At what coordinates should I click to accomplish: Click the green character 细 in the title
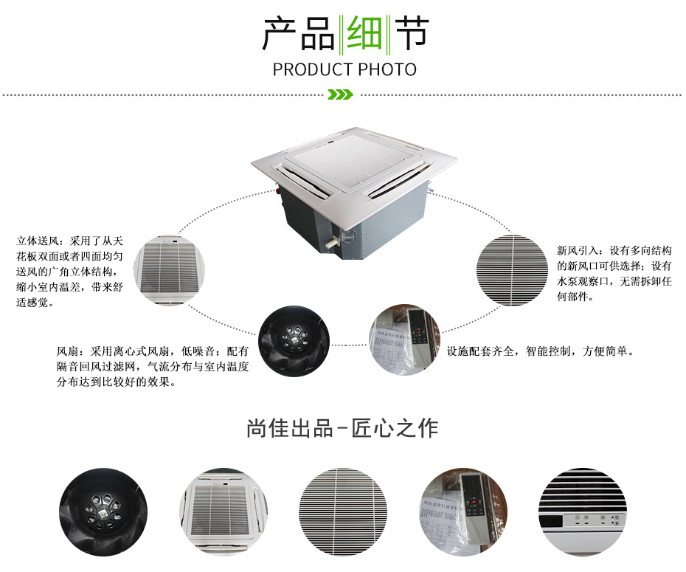tap(363, 32)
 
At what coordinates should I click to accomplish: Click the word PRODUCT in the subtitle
tap(312, 69)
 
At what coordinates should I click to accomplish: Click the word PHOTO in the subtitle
tap(387, 69)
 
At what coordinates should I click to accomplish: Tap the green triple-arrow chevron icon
tap(340, 94)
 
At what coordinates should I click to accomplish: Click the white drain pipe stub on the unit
tap(332, 241)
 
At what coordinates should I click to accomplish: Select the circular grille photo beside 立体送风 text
tap(170, 270)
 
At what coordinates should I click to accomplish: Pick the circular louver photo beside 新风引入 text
tap(512, 270)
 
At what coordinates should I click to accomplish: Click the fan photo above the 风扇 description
tap(294, 342)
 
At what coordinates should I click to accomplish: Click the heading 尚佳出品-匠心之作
tap(342, 428)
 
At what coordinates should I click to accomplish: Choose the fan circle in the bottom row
tap(103, 512)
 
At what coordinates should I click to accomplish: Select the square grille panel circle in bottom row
tap(223, 512)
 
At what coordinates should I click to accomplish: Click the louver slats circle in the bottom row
tap(344, 512)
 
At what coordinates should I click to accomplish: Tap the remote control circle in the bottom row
tap(463, 512)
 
